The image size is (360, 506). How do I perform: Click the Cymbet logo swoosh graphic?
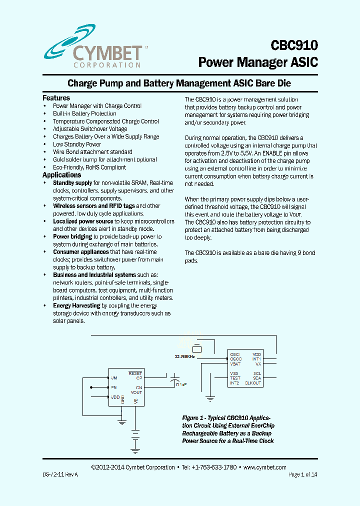click(75, 40)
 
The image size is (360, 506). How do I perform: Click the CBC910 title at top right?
click(294, 45)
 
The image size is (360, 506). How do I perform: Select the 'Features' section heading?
click(56, 98)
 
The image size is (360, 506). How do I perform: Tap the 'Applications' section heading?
click(61, 175)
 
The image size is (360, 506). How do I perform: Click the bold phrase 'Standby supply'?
click(72, 183)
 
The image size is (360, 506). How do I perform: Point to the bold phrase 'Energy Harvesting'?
click(76, 305)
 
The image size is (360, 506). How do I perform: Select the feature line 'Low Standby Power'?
click(77, 144)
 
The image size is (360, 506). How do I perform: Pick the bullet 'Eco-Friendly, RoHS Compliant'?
click(89, 167)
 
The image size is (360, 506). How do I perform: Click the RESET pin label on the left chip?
click(135, 373)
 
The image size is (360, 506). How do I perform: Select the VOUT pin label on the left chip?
click(136, 392)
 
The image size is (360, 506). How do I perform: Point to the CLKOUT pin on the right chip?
click(253, 383)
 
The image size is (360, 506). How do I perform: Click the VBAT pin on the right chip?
click(235, 364)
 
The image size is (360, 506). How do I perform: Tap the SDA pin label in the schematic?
click(257, 378)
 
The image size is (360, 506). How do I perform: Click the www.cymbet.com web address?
click(264, 467)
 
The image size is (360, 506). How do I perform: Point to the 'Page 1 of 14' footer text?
click(302, 474)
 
